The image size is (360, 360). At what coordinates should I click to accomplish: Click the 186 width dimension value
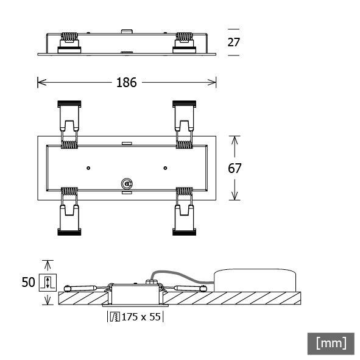tap(126, 82)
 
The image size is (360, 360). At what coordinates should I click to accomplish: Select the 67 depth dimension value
tap(235, 168)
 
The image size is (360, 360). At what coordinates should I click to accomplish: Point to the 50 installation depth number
tap(28, 283)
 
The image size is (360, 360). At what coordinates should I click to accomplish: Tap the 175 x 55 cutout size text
tap(141, 317)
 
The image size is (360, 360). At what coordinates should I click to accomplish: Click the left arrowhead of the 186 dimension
tap(41, 82)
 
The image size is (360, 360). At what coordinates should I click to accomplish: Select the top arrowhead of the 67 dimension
tap(235, 139)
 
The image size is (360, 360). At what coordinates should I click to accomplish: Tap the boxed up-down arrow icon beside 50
tap(47, 283)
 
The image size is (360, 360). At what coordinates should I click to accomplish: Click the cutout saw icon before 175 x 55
tap(114, 317)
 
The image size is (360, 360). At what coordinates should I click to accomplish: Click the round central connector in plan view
tap(127, 183)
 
